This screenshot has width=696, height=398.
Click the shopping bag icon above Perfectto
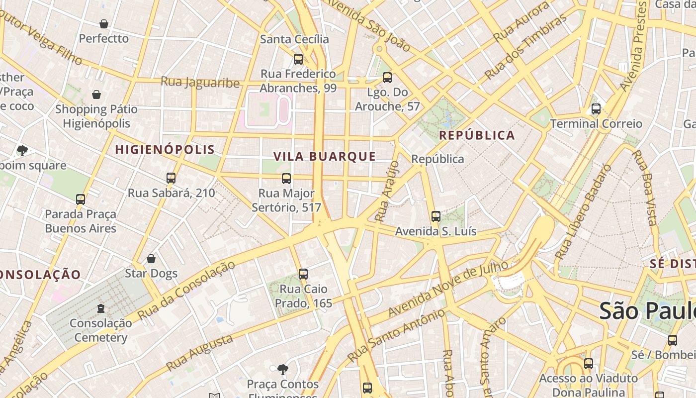(104, 24)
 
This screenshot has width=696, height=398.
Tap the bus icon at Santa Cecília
(298, 59)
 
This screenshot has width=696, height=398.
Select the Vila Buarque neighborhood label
(325, 156)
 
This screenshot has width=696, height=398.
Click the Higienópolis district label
(165, 149)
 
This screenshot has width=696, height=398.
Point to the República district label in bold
(477, 135)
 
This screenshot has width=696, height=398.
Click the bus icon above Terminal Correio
(596, 109)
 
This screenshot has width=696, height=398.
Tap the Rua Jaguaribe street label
(200, 82)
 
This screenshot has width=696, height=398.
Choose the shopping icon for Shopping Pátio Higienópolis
(96, 95)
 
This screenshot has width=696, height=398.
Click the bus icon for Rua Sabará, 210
(171, 178)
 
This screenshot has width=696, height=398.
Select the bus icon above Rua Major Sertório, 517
(286, 179)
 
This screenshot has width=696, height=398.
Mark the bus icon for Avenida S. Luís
(436, 216)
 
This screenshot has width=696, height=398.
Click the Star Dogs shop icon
(151, 259)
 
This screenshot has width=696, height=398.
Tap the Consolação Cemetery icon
(101, 308)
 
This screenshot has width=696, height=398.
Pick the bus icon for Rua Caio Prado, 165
(303, 274)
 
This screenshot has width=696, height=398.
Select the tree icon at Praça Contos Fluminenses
(282, 369)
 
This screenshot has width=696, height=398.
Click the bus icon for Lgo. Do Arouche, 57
(387, 78)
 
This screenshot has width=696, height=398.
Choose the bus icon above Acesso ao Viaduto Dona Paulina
(589, 364)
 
